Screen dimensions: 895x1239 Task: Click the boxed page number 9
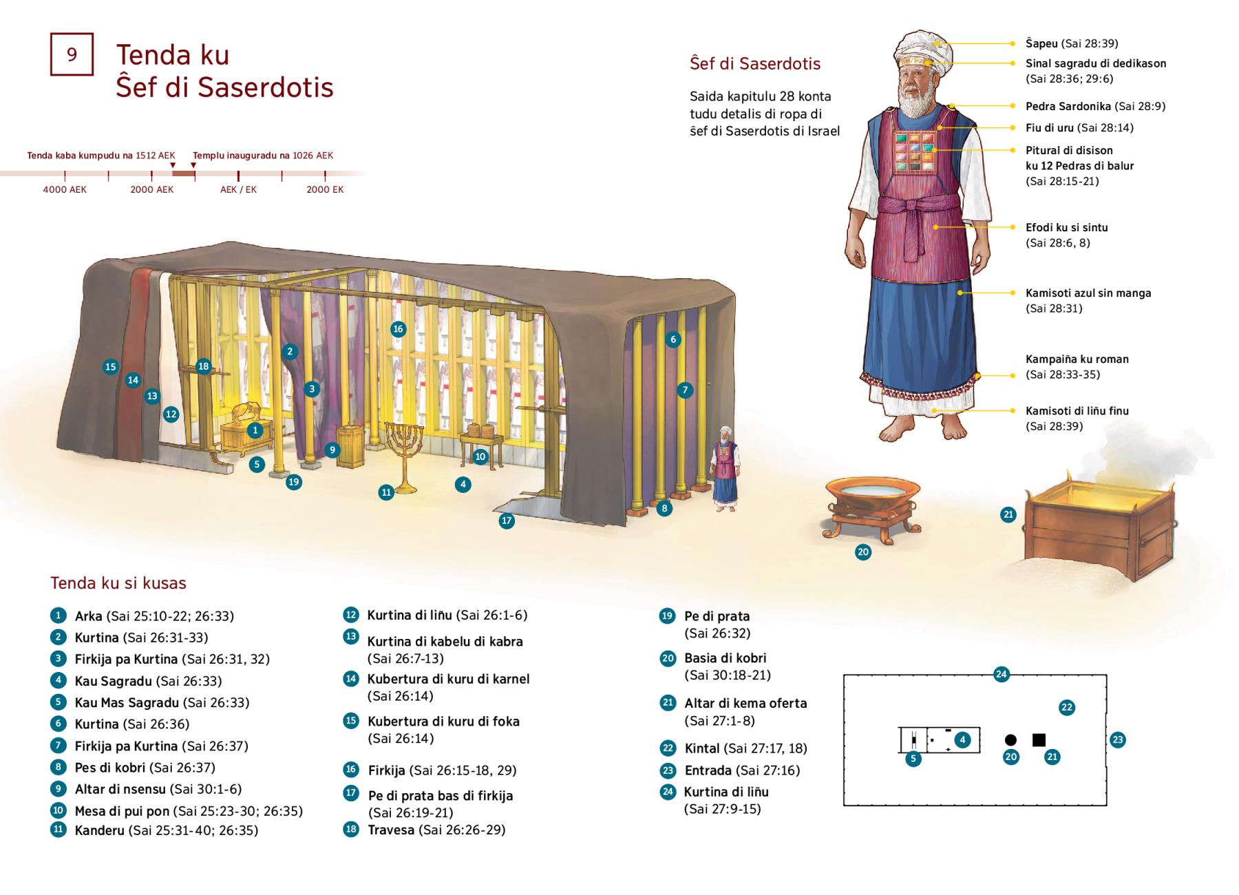point(72,54)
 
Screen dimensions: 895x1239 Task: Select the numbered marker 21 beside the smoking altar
point(1008,514)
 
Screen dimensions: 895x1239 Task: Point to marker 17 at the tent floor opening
point(507,520)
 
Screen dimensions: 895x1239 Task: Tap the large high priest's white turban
point(922,46)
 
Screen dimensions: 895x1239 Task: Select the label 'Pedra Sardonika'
point(1068,106)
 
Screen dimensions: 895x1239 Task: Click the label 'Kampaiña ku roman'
point(1077,359)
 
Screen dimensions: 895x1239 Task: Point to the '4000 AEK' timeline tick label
point(65,189)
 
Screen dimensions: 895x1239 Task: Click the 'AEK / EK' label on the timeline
point(238,189)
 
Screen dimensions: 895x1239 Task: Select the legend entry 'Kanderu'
point(100,830)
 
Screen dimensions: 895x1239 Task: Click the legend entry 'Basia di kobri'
point(725,658)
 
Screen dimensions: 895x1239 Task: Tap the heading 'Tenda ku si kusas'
point(118,583)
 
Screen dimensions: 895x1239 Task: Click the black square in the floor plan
point(1039,740)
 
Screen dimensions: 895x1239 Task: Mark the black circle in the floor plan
point(1010,740)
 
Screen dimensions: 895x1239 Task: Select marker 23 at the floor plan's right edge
point(1117,740)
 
